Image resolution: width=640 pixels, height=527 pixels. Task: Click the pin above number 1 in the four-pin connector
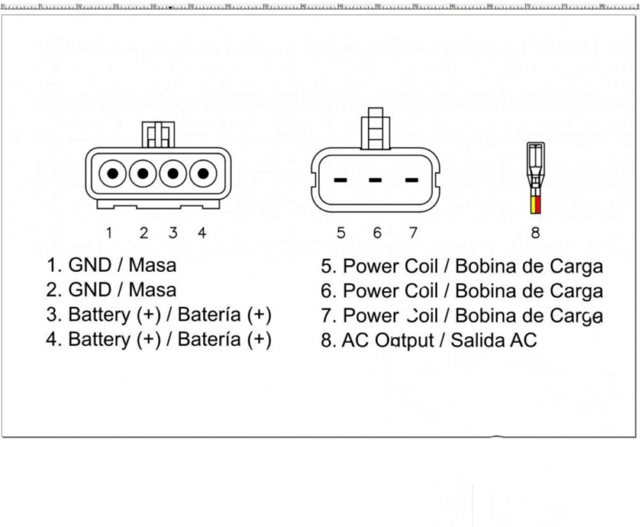(113, 173)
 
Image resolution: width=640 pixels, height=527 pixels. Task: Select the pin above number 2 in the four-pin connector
(143, 173)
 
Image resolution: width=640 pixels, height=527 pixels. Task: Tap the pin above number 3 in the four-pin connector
(173, 173)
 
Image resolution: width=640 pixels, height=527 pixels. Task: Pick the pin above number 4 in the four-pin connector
(203, 173)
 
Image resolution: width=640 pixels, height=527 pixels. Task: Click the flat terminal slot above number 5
(340, 180)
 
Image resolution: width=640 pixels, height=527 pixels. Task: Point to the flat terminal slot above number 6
(377, 180)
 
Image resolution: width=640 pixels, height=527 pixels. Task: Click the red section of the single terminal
(538, 206)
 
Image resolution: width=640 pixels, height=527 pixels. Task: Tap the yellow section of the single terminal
(532, 206)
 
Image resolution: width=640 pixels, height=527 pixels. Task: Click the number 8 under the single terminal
(535, 233)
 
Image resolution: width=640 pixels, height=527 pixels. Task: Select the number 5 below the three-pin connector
(341, 233)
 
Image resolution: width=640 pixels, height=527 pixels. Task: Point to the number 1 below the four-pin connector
(110, 233)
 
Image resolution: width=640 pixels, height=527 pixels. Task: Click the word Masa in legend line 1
(152, 265)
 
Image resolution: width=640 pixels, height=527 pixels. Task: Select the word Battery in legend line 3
(99, 315)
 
